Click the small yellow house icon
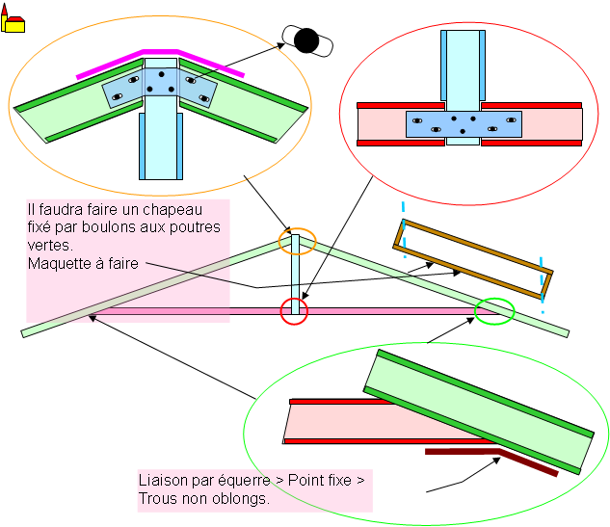tap(13, 21)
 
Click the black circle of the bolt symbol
tap(306, 40)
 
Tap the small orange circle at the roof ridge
tap(297, 241)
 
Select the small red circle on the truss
tap(294, 311)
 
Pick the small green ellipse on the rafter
tap(495, 310)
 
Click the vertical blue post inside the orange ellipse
tap(159, 145)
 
